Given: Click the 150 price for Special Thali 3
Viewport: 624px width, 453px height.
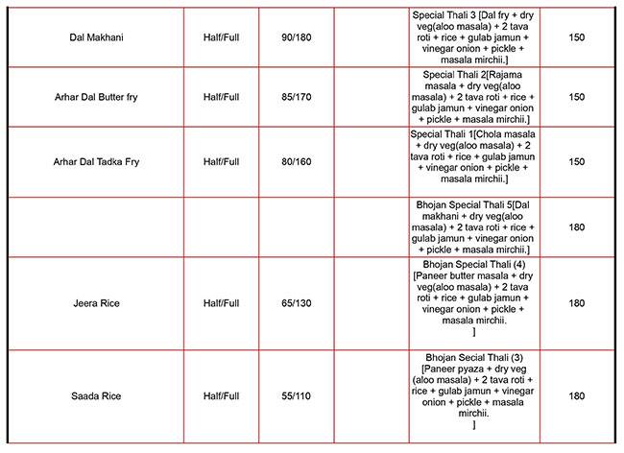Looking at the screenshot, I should pos(577,37).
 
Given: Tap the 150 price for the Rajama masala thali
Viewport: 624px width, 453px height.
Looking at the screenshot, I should pos(577,97).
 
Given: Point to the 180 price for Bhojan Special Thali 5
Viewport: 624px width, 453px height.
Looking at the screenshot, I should pos(577,227).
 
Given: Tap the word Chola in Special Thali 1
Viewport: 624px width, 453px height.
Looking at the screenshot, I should pos(486,133).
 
